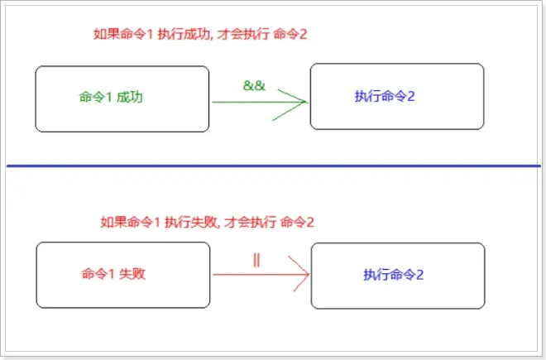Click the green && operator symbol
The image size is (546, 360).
[x=254, y=85]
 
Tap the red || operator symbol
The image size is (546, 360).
[x=256, y=260]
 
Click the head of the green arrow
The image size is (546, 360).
[x=306, y=102]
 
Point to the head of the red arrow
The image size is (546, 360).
[x=309, y=274]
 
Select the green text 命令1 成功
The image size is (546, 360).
[x=111, y=97]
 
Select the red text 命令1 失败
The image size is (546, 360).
[x=113, y=274]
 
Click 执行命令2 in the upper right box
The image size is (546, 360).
[x=385, y=96]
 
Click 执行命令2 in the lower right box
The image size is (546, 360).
[x=394, y=275]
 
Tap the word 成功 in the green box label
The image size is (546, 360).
[x=130, y=97]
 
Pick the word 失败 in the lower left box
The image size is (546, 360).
[x=132, y=274]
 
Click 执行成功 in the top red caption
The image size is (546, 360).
[x=184, y=34]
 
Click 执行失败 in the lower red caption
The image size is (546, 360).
[x=191, y=222]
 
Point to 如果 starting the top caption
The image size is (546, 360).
[x=106, y=34]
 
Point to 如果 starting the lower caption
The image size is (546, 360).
[x=113, y=222]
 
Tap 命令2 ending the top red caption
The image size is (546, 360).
[x=290, y=34]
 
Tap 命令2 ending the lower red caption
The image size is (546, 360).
[x=297, y=222]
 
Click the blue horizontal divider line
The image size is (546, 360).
[x=273, y=166]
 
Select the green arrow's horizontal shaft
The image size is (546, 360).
[x=259, y=102]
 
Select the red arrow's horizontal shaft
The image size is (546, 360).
[x=261, y=275]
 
